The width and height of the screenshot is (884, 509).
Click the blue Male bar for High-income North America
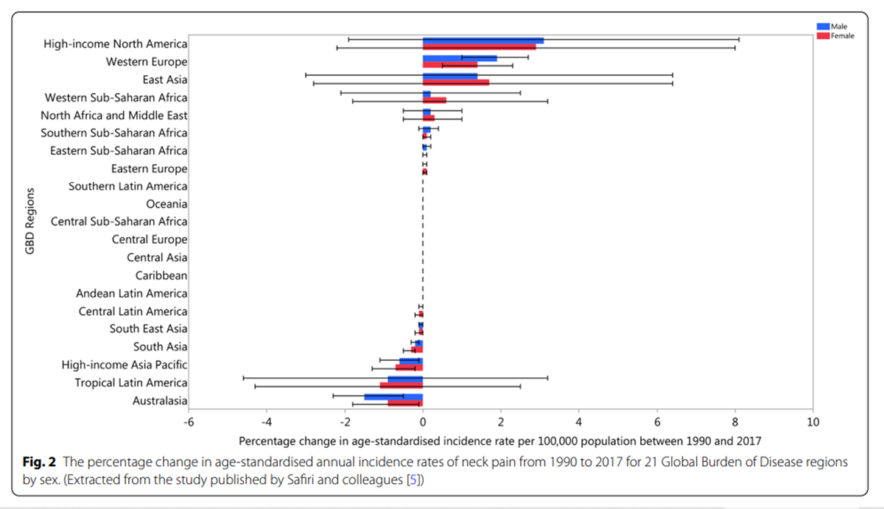click(483, 40)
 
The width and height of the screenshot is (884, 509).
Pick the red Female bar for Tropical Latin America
click(401, 385)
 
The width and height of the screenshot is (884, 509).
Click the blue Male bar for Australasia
click(393, 396)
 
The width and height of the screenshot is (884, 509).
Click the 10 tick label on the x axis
click(813, 422)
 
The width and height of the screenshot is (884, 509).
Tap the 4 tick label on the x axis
click(578, 422)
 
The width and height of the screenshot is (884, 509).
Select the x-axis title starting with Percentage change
click(499, 440)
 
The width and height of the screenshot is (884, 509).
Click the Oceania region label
click(166, 204)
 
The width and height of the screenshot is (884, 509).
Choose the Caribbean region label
click(161, 275)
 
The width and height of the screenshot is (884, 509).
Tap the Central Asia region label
click(157, 258)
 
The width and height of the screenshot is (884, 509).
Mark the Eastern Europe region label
click(149, 169)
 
